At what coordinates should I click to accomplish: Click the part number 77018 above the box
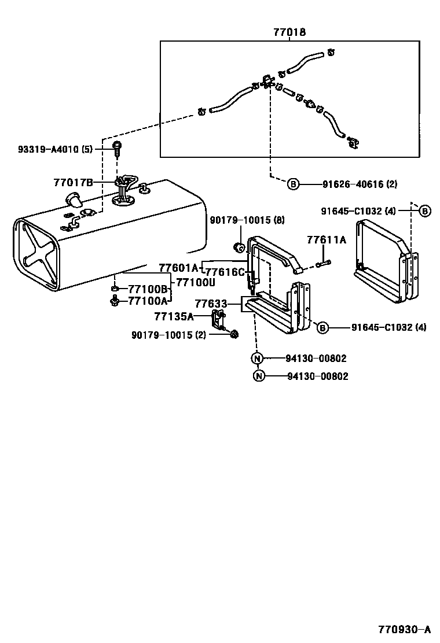[289, 33]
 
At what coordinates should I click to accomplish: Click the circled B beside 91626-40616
[294, 184]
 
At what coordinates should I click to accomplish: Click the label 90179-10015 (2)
[168, 335]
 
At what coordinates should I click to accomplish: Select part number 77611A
[327, 239]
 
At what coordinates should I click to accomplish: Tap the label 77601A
[178, 267]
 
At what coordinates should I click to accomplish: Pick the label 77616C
[225, 272]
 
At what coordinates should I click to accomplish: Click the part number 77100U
[196, 282]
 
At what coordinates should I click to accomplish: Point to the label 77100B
[148, 289]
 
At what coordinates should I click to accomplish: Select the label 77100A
[148, 300]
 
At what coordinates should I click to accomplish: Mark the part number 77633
[210, 303]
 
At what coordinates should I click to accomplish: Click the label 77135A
[174, 316]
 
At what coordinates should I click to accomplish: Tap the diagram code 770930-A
[405, 629]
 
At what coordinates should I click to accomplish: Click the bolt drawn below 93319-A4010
[118, 150]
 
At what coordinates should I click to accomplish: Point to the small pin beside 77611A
[323, 265]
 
